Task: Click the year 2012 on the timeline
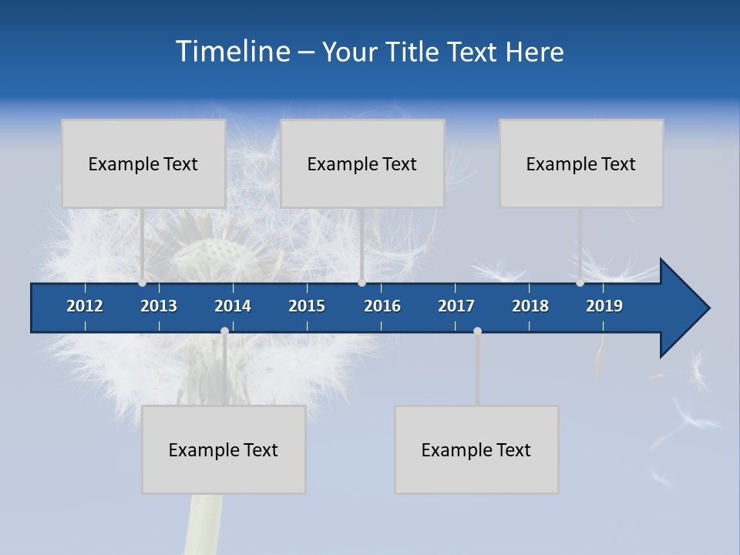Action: (85, 306)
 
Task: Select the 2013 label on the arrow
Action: (159, 306)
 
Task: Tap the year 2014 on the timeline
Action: (233, 306)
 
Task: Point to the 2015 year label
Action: (307, 306)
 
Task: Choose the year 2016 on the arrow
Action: (382, 306)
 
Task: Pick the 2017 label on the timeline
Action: (456, 306)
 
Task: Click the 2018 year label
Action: (530, 306)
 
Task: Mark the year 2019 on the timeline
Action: (604, 306)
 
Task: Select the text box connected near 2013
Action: (143, 163)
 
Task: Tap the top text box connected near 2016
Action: (362, 163)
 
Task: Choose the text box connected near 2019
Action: (581, 163)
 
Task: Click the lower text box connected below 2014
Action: (224, 449)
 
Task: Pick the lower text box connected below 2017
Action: (476, 449)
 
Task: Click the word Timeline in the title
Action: (232, 51)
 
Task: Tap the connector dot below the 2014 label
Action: (224, 331)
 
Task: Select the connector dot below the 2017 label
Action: (477, 331)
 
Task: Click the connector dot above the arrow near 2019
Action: (580, 283)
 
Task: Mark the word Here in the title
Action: (535, 52)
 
